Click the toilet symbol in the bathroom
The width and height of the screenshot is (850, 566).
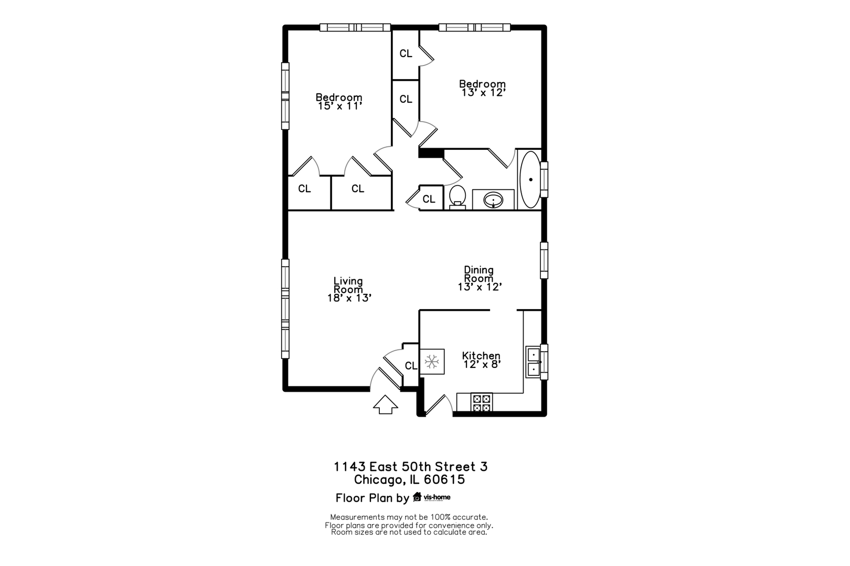pos(458,197)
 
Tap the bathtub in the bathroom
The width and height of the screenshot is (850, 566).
pos(530,180)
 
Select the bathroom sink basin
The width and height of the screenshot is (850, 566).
pos(493,200)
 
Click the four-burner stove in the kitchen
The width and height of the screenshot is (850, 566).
pos(482,402)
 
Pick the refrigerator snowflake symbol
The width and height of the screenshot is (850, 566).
pos(432,361)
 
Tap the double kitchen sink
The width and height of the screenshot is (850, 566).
pos(534,362)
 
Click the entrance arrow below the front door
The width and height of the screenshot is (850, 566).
pos(386,405)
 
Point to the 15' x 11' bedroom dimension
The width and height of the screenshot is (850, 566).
pos(340,106)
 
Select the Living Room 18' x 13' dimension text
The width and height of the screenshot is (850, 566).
pos(349,298)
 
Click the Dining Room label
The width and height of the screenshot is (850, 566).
pos(479,274)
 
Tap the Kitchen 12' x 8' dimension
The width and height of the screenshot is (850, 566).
pos(482,364)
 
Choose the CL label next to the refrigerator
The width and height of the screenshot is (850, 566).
pos(411,366)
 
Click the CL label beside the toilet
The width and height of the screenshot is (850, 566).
pos(429,199)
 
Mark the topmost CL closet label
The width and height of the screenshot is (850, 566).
pos(406,53)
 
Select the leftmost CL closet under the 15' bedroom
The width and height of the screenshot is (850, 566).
pos(304,189)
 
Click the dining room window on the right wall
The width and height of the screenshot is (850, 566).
pos(544,260)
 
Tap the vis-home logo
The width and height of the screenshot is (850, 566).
pos(431,497)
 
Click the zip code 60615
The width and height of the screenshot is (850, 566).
pos(444,480)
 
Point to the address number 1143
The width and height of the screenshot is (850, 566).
pos(349,466)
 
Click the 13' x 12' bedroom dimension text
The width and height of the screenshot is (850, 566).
pos(483,93)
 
